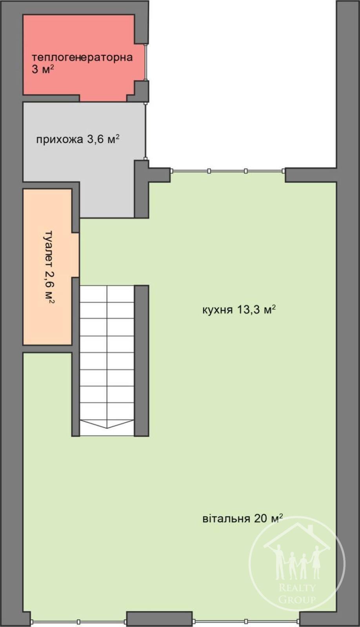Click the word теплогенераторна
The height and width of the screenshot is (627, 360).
[x=82, y=58]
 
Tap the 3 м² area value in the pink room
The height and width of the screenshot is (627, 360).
[x=43, y=69]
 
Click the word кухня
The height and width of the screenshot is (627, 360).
[x=218, y=310]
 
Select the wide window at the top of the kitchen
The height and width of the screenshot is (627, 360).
[x=227, y=171]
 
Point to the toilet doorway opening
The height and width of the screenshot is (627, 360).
[x=76, y=255]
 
